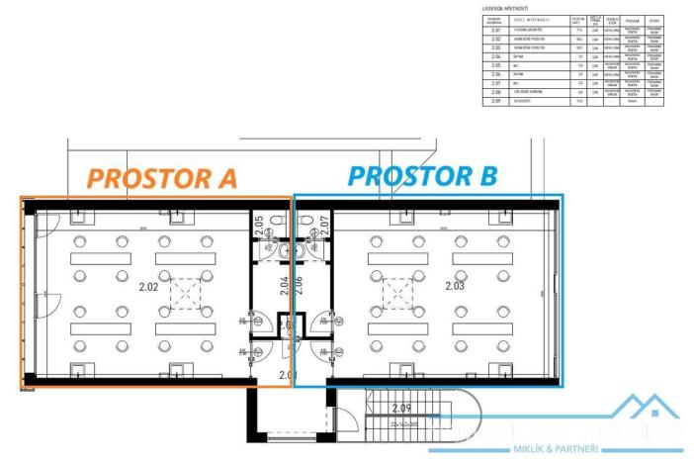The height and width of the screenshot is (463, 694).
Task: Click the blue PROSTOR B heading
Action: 423,176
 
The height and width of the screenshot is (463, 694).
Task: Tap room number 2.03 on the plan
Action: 455,287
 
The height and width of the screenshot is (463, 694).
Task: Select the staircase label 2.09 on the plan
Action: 400,408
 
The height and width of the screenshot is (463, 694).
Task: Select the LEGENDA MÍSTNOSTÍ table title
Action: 506,7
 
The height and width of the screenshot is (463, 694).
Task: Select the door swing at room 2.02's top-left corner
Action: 48,223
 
